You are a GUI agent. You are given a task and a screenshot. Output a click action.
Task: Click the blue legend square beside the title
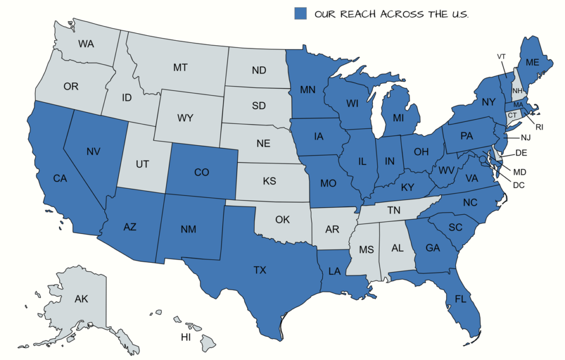pyautogui.click(x=300, y=14)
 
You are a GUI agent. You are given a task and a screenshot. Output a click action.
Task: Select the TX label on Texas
pyautogui.click(x=260, y=271)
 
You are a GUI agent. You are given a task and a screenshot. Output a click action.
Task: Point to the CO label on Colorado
pyautogui.click(x=202, y=173)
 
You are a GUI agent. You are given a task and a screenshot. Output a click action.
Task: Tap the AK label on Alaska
pyautogui.click(x=82, y=299)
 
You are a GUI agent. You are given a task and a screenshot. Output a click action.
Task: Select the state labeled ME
pyautogui.click(x=532, y=63)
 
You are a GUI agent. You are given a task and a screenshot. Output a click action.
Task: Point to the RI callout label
pyautogui.click(x=539, y=128)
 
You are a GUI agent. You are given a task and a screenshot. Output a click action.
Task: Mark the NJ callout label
pyautogui.click(x=525, y=137)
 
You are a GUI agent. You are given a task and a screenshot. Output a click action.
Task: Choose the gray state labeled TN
pyautogui.click(x=393, y=210)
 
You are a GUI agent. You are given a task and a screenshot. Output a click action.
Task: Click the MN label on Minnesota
pyautogui.click(x=308, y=89)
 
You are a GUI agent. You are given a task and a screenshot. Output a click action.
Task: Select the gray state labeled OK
pyautogui.click(x=282, y=220)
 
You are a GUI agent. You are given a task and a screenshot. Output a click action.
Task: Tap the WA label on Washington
pyautogui.click(x=86, y=44)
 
